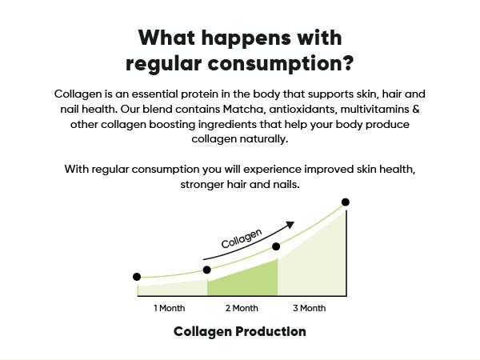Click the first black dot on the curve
point(137,277)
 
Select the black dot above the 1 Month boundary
point(207,270)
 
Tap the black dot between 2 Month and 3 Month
point(276,246)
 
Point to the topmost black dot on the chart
point(346,202)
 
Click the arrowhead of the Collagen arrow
point(290,225)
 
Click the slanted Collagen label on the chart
point(242,238)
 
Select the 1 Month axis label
point(170,308)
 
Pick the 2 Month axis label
point(242,308)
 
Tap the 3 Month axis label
point(309,308)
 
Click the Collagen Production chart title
point(240,332)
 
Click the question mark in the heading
point(347,62)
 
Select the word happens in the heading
point(246,38)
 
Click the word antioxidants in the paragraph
point(303,110)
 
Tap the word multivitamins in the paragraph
point(374,109)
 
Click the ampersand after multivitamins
point(416,109)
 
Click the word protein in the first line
point(199,94)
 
